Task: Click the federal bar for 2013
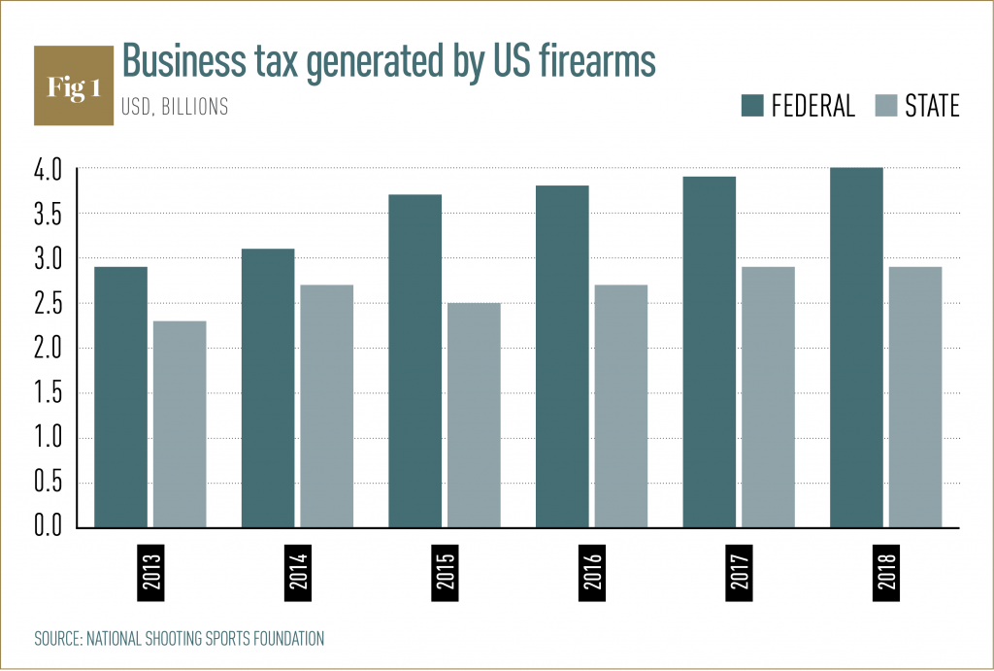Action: coord(120,397)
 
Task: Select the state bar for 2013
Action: coord(180,424)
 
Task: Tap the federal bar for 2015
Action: coord(414,361)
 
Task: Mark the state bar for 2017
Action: coord(768,397)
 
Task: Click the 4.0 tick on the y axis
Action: coord(48,169)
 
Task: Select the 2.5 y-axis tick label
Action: coord(48,304)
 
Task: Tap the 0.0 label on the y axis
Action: coord(48,527)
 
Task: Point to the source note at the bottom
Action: coord(179,639)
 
